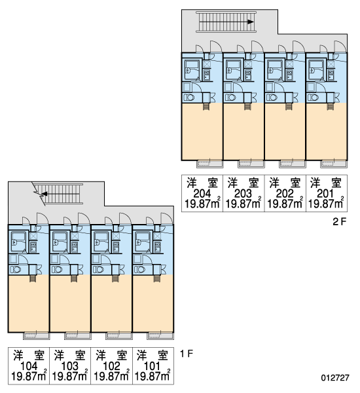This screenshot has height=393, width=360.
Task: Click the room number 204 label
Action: pyautogui.click(x=202, y=193)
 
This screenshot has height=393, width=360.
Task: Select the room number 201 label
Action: pyautogui.click(x=325, y=193)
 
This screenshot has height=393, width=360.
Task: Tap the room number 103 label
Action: pyautogui.click(x=70, y=366)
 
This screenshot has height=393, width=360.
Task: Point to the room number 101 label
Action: pyautogui.click(x=153, y=366)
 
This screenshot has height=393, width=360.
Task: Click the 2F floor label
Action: pyautogui.click(x=340, y=221)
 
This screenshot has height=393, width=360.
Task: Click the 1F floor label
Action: pyautogui.click(x=187, y=354)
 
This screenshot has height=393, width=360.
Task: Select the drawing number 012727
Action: pyautogui.click(x=335, y=377)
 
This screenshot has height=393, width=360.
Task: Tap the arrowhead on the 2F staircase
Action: pyautogui.click(x=251, y=22)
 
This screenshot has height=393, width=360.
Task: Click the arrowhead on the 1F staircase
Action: pyautogui.click(x=45, y=193)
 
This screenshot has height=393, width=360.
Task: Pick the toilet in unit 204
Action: pyautogui.click(x=189, y=97)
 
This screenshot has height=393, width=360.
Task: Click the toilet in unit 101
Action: pyautogui.click(x=140, y=270)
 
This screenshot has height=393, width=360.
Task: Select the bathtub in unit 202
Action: pyautogui.click(x=275, y=69)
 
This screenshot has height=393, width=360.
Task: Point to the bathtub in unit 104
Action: pyautogui.click(x=18, y=242)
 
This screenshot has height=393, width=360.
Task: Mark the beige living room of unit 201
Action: pyautogui.click(x=326, y=131)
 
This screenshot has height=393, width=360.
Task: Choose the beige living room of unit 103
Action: pyautogui.click(x=70, y=303)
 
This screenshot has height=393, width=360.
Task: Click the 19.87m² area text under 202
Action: pyautogui.click(x=285, y=204)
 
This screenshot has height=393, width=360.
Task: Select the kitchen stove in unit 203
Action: pyautogui.click(x=248, y=75)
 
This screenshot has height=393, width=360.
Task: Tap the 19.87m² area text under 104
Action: pyautogui.click(x=29, y=376)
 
